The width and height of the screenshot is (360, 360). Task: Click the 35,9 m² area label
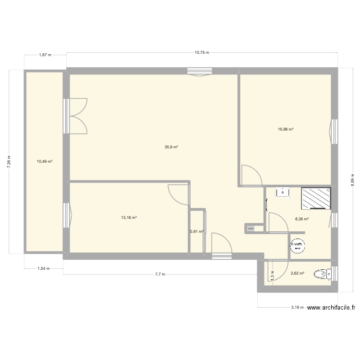point(171,147)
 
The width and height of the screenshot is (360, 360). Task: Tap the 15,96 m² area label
point(286,129)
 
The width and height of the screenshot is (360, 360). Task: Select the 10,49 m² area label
point(45,162)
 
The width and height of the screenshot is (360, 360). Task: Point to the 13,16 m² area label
point(129,217)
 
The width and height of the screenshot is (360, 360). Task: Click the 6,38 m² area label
point(302,219)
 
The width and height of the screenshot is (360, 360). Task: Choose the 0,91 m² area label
point(197,231)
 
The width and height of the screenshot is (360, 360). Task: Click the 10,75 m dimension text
point(202,53)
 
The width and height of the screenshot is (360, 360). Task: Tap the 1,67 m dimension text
point(45,55)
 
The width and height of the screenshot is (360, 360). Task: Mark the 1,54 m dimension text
point(44,269)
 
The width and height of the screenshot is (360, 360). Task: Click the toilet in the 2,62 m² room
point(322,275)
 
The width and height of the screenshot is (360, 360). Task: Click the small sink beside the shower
point(282,192)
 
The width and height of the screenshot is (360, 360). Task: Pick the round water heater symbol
point(297,245)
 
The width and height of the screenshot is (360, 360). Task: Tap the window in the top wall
point(200,72)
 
